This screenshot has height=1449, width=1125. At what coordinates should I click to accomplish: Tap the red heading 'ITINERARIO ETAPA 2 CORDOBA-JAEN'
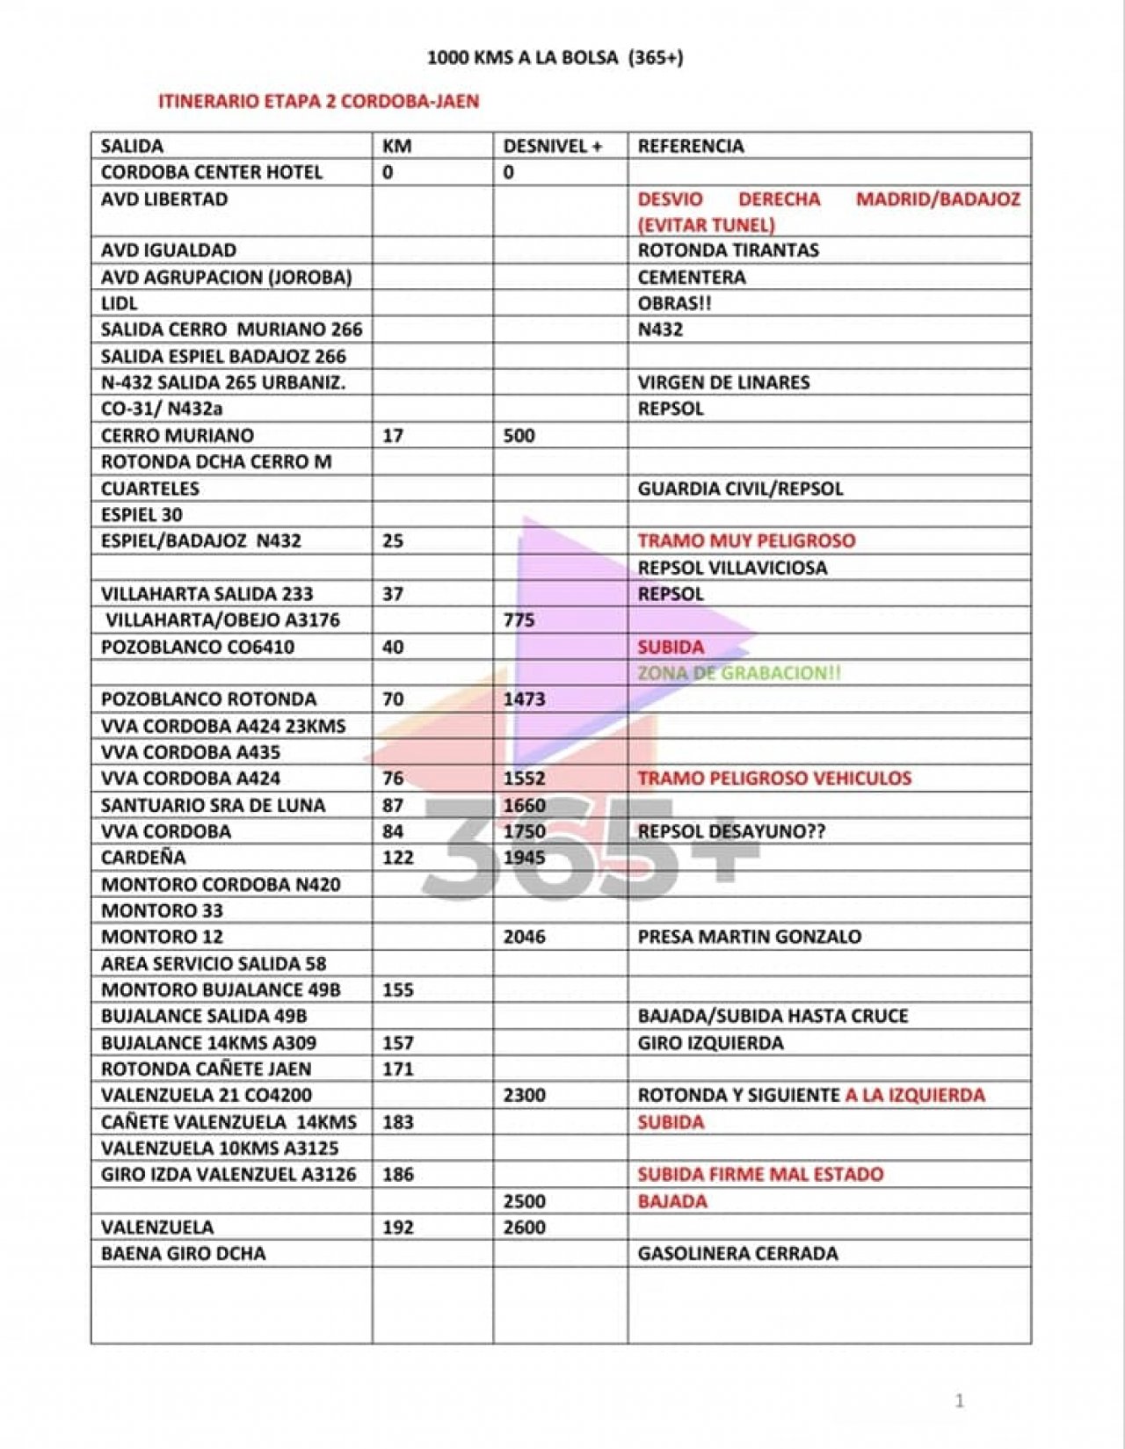coord(318,101)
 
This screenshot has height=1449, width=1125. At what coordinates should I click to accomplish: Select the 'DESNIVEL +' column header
coord(552,146)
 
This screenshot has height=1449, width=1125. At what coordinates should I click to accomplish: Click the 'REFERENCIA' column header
coord(690,146)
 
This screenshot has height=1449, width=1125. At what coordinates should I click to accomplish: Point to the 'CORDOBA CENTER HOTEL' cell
coord(211,172)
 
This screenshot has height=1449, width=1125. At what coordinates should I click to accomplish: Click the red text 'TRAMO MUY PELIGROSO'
coord(746,540)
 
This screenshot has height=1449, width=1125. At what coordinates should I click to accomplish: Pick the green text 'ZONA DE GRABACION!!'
coord(738,673)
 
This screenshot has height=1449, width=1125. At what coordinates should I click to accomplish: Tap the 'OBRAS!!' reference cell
coord(674,303)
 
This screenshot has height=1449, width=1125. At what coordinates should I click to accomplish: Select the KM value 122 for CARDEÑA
coord(397,858)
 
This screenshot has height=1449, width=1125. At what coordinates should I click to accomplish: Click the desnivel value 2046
coord(524,937)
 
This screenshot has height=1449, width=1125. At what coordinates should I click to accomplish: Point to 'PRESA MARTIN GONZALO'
coord(749,937)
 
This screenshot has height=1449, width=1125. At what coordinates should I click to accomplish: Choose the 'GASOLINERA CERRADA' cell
coord(737,1253)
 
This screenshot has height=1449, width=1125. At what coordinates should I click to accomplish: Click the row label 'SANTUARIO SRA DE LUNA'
coord(213,805)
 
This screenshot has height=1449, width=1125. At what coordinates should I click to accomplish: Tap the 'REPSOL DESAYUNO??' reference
coord(731,831)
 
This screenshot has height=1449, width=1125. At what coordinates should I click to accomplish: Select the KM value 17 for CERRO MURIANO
coord(393,436)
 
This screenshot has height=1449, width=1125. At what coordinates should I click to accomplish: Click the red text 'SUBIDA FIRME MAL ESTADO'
coord(760,1174)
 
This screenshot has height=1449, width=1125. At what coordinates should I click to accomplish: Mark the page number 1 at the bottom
coord(959,1401)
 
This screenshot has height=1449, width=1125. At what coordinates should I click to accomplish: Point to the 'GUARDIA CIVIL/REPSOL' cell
coord(740,489)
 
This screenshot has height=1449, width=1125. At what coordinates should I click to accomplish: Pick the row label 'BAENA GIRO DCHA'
coord(183,1253)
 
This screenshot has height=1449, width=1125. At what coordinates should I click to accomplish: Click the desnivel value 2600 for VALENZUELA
coord(524,1227)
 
